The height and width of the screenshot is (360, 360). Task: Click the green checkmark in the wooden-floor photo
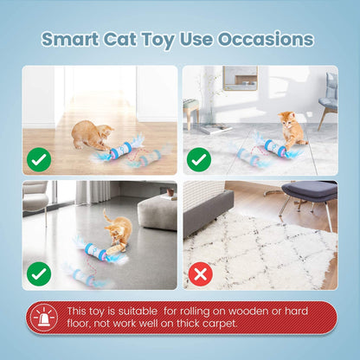point(39,159)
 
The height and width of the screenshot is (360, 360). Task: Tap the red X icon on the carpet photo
point(200,274)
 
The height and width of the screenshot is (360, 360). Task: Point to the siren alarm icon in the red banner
point(43,318)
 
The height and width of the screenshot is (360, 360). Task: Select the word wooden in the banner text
point(229,311)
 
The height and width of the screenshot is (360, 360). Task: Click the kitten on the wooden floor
point(91,135)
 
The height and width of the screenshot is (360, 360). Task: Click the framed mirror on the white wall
point(239,77)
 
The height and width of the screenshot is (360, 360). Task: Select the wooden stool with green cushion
point(192,111)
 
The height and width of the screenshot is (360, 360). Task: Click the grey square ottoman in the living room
point(157,210)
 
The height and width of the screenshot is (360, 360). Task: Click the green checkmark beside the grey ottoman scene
point(39,274)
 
